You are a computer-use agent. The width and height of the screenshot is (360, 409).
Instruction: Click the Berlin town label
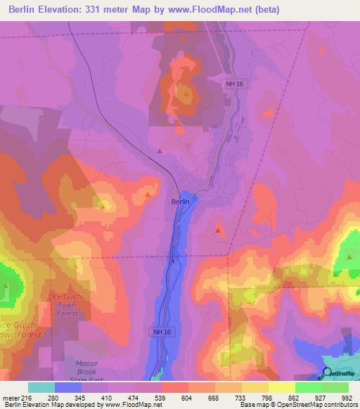pos(179,201)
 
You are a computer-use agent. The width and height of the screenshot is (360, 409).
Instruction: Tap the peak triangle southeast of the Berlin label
pos(219,229)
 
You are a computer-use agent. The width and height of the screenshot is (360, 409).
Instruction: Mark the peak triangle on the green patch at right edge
pos(349,256)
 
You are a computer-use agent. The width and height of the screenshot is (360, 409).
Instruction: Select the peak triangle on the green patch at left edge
pos(6,285)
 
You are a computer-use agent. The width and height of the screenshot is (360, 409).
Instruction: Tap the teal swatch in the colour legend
pos(41,387)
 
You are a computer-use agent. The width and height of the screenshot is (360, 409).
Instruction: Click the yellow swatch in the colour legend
pos(282,387)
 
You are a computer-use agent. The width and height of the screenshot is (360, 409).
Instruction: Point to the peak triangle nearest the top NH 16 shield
pos(186,92)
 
